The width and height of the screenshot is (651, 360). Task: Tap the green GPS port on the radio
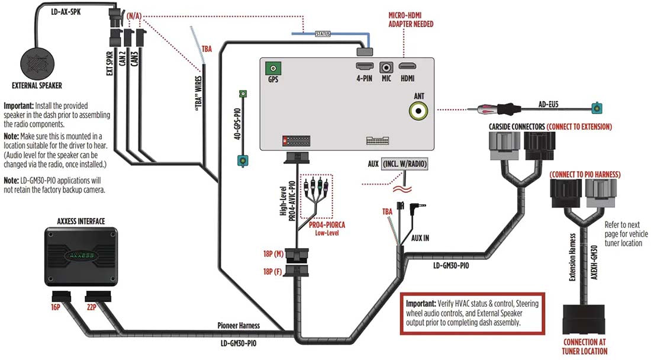point(272,68)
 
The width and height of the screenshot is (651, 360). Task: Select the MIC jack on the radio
point(387,69)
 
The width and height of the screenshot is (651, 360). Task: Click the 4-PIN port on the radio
point(363,68)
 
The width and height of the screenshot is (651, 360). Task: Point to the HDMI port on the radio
point(408,68)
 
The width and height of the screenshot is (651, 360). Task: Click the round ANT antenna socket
point(420,109)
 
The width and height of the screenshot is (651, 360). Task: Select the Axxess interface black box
point(82,255)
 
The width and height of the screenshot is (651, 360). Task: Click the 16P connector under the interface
point(61,295)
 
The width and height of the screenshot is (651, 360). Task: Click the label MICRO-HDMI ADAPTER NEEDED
point(411,20)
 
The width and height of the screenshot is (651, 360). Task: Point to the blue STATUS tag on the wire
point(323,34)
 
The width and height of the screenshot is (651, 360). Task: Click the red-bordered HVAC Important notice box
point(472,313)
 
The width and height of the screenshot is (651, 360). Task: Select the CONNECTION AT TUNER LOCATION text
point(585,346)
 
